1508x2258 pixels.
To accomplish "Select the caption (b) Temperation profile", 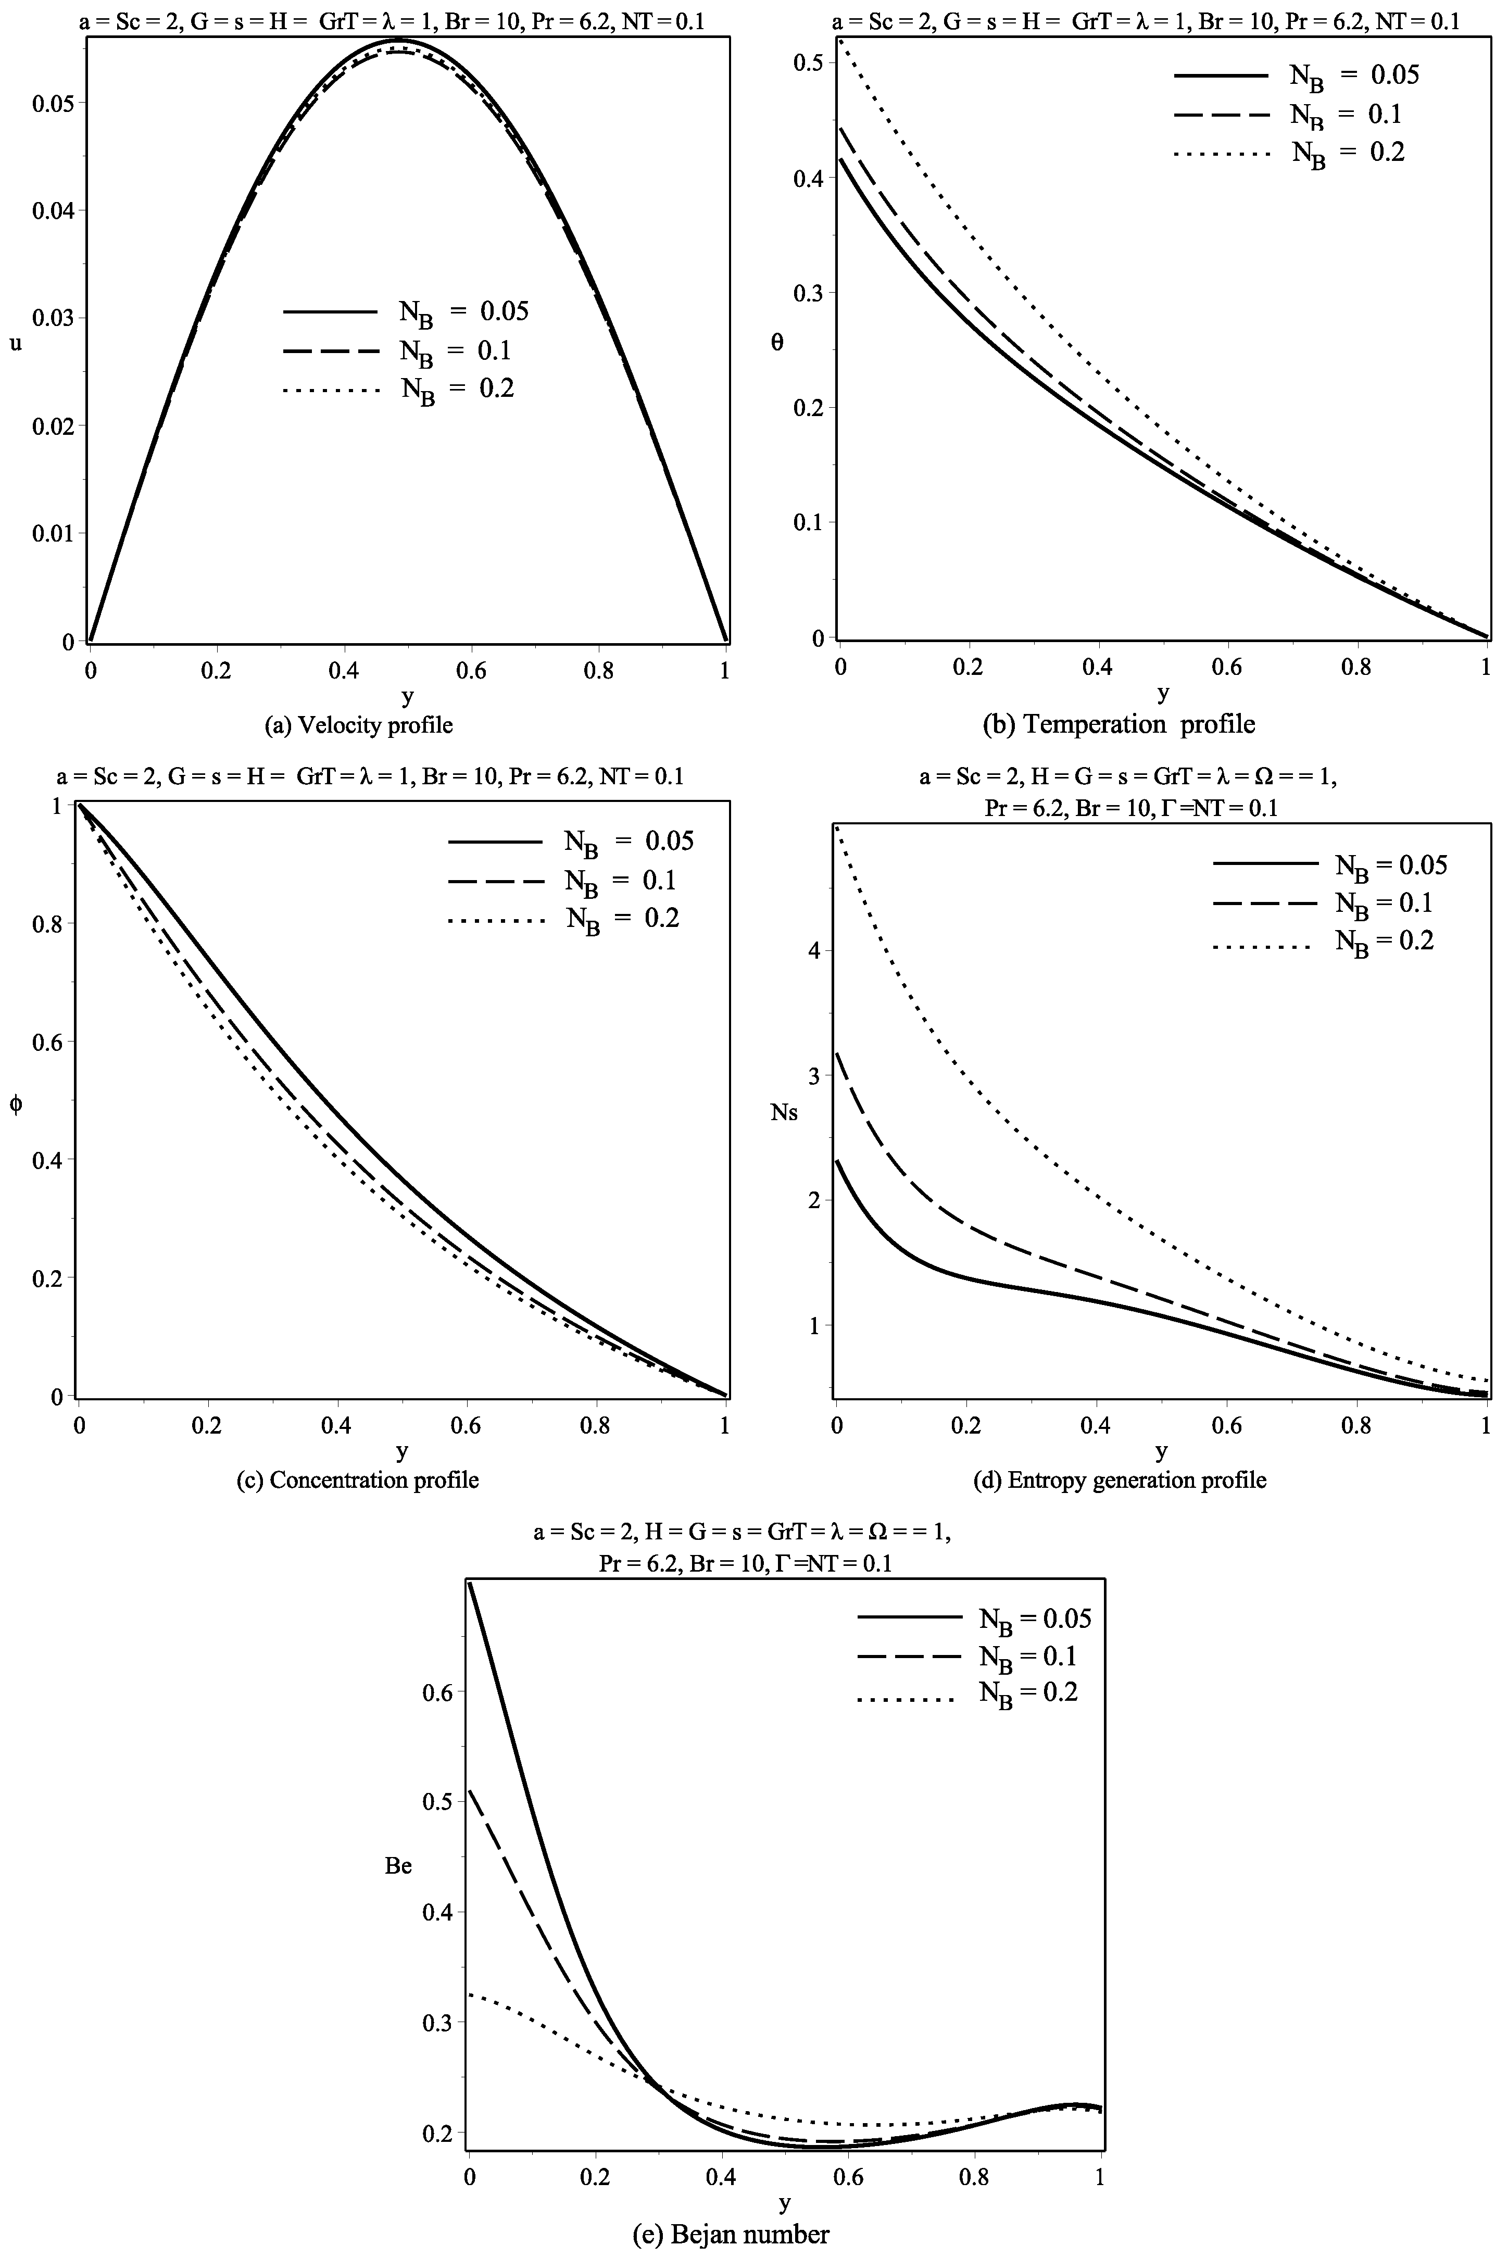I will click(x=1119, y=723).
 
